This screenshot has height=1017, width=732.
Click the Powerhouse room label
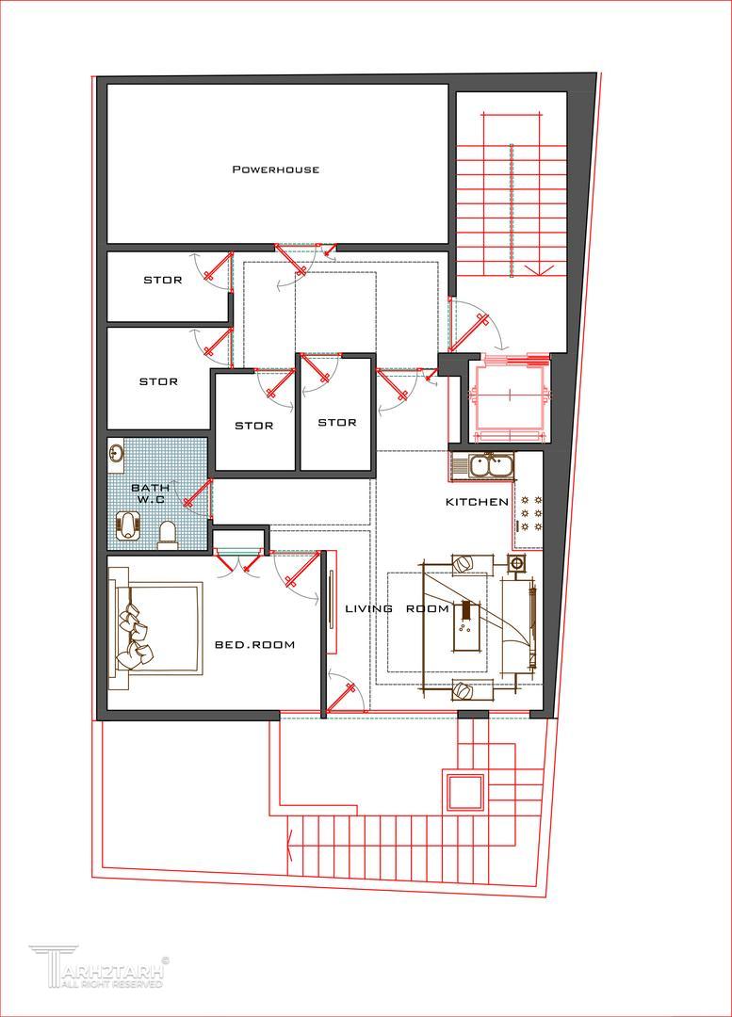(276, 169)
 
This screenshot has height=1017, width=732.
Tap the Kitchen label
(477, 501)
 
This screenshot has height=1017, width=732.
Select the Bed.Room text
(255, 645)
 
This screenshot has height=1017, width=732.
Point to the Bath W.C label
(151, 492)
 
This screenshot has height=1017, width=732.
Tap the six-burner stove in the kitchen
(529, 514)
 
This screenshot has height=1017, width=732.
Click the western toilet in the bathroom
(168, 534)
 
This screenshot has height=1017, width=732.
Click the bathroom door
(197, 492)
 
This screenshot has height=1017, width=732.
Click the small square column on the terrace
(464, 791)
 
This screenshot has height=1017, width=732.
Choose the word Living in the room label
(368, 608)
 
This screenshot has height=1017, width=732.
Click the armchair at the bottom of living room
(464, 692)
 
